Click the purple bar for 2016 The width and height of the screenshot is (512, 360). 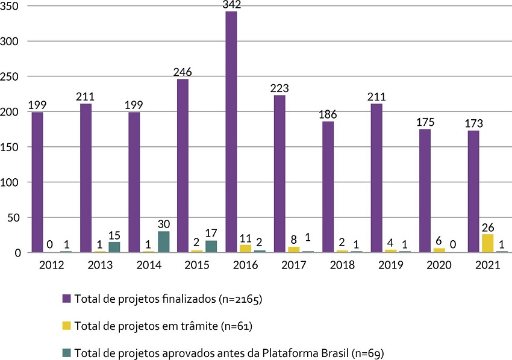point(231,132)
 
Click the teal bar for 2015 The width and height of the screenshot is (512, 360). point(211,246)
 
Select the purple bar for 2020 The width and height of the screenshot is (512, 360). point(425,191)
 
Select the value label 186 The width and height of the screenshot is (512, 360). point(328,115)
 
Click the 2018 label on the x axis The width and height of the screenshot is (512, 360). point(342,265)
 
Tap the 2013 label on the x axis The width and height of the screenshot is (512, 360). point(99,265)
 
